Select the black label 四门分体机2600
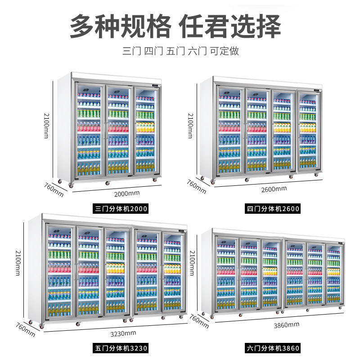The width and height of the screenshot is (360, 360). (x=273, y=209)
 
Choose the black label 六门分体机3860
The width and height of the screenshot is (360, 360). (x=273, y=348)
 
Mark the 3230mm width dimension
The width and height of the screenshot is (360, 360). (x=123, y=333)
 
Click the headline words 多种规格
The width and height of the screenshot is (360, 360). (x=120, y=26)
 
